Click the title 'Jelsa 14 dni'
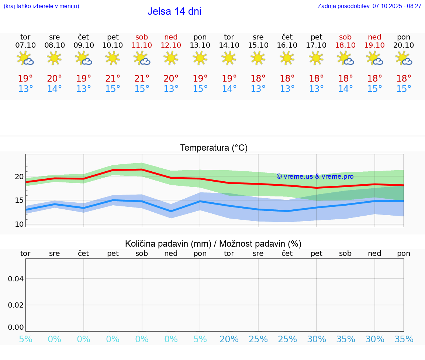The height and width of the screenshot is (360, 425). point(174,11)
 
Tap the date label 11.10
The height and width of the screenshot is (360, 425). point(142,45)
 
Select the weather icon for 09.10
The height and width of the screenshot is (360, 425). point(84,58)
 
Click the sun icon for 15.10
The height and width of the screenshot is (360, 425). point(258,58)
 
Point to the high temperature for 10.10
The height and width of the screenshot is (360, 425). point(113,78)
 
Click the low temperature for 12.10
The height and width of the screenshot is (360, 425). point(171,89)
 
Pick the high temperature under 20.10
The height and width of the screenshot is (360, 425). point(404,78)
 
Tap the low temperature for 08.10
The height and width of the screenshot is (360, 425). point(54,89)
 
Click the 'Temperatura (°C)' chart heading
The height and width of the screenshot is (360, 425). point(214,148)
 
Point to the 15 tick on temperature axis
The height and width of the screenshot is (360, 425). point(19,200)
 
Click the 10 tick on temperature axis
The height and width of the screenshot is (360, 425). point(19,224)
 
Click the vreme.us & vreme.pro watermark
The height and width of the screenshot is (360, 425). point(315,176)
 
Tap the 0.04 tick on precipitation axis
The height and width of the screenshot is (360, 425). point(16,278)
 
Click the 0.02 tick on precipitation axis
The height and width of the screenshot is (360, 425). point(16,305)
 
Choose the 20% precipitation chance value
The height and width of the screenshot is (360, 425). point(229,339)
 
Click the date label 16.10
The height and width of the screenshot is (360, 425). point(287,45)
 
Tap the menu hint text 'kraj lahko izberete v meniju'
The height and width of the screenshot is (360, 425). point(41,6)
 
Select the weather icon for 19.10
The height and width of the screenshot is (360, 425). point(375,58)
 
